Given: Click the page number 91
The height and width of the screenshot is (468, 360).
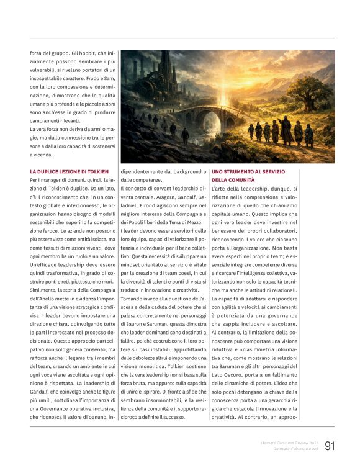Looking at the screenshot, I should coord(330,446).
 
